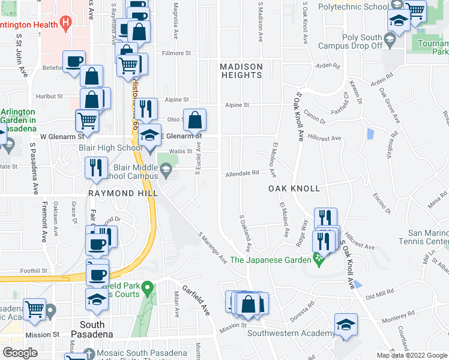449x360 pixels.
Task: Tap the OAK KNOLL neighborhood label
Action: pyautogui.click(x=294, y=188)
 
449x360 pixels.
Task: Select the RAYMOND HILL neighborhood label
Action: pyautogui.click(x=123, y=193)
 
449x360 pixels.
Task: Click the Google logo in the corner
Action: pyautogui.click(x=20, y=353)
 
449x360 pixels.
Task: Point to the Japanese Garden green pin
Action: pyautogui.click(x=318, y=260)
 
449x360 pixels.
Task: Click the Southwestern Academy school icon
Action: pyautogui.click(x=346, y=325)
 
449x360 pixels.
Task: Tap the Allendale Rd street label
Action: pyautogui.click(x=243, y=173)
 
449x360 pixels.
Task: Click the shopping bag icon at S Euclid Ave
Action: pyautogui.click(x=195, y=120)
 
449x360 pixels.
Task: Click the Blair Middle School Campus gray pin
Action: pyautogui.click(x=166, y=173)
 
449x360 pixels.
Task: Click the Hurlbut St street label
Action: pyautogui.click(x=49, y=96)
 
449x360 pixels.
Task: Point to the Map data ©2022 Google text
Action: pyautogui.click(x=412, y=355)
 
